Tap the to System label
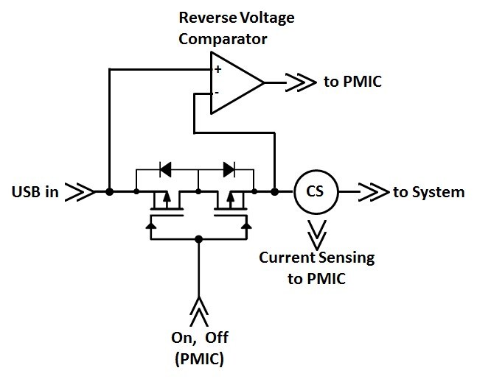(428, 192)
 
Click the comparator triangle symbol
(234, 82)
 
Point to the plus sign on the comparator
(217, 69)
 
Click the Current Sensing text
(316, 258)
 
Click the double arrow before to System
(376, 192)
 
